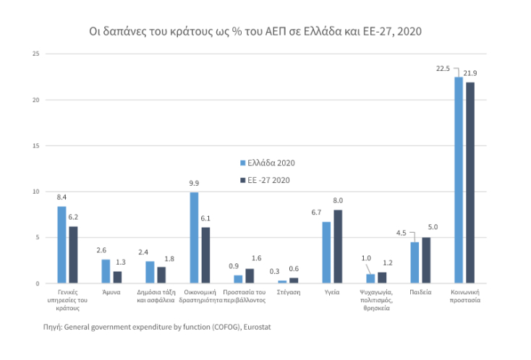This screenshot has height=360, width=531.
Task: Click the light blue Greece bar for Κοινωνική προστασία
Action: click(x=459, y=180)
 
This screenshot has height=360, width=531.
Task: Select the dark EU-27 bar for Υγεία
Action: click(x=338, y=247)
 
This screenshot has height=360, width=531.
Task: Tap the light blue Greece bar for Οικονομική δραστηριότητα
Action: click(x=194, y=238)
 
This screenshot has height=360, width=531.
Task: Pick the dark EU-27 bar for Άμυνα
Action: click(x=117, y=277)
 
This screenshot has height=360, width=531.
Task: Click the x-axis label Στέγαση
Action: click(x=288, y=292)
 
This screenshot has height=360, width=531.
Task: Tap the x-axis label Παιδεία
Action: click(x=420, y=292)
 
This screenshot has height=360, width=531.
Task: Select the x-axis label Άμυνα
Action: click(x=111, y=292)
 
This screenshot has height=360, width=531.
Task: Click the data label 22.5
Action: click(x=443, y=69)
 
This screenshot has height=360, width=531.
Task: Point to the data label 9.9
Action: click(x=195, y=184)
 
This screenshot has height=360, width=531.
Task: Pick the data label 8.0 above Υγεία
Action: click(x=338, y=200)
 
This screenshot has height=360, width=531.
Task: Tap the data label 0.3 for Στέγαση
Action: click(x=273, y=272)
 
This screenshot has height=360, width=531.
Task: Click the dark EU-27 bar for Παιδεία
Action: click(x=426, y=260)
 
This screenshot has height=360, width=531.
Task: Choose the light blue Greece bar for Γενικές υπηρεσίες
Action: click(x=61, y=244)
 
